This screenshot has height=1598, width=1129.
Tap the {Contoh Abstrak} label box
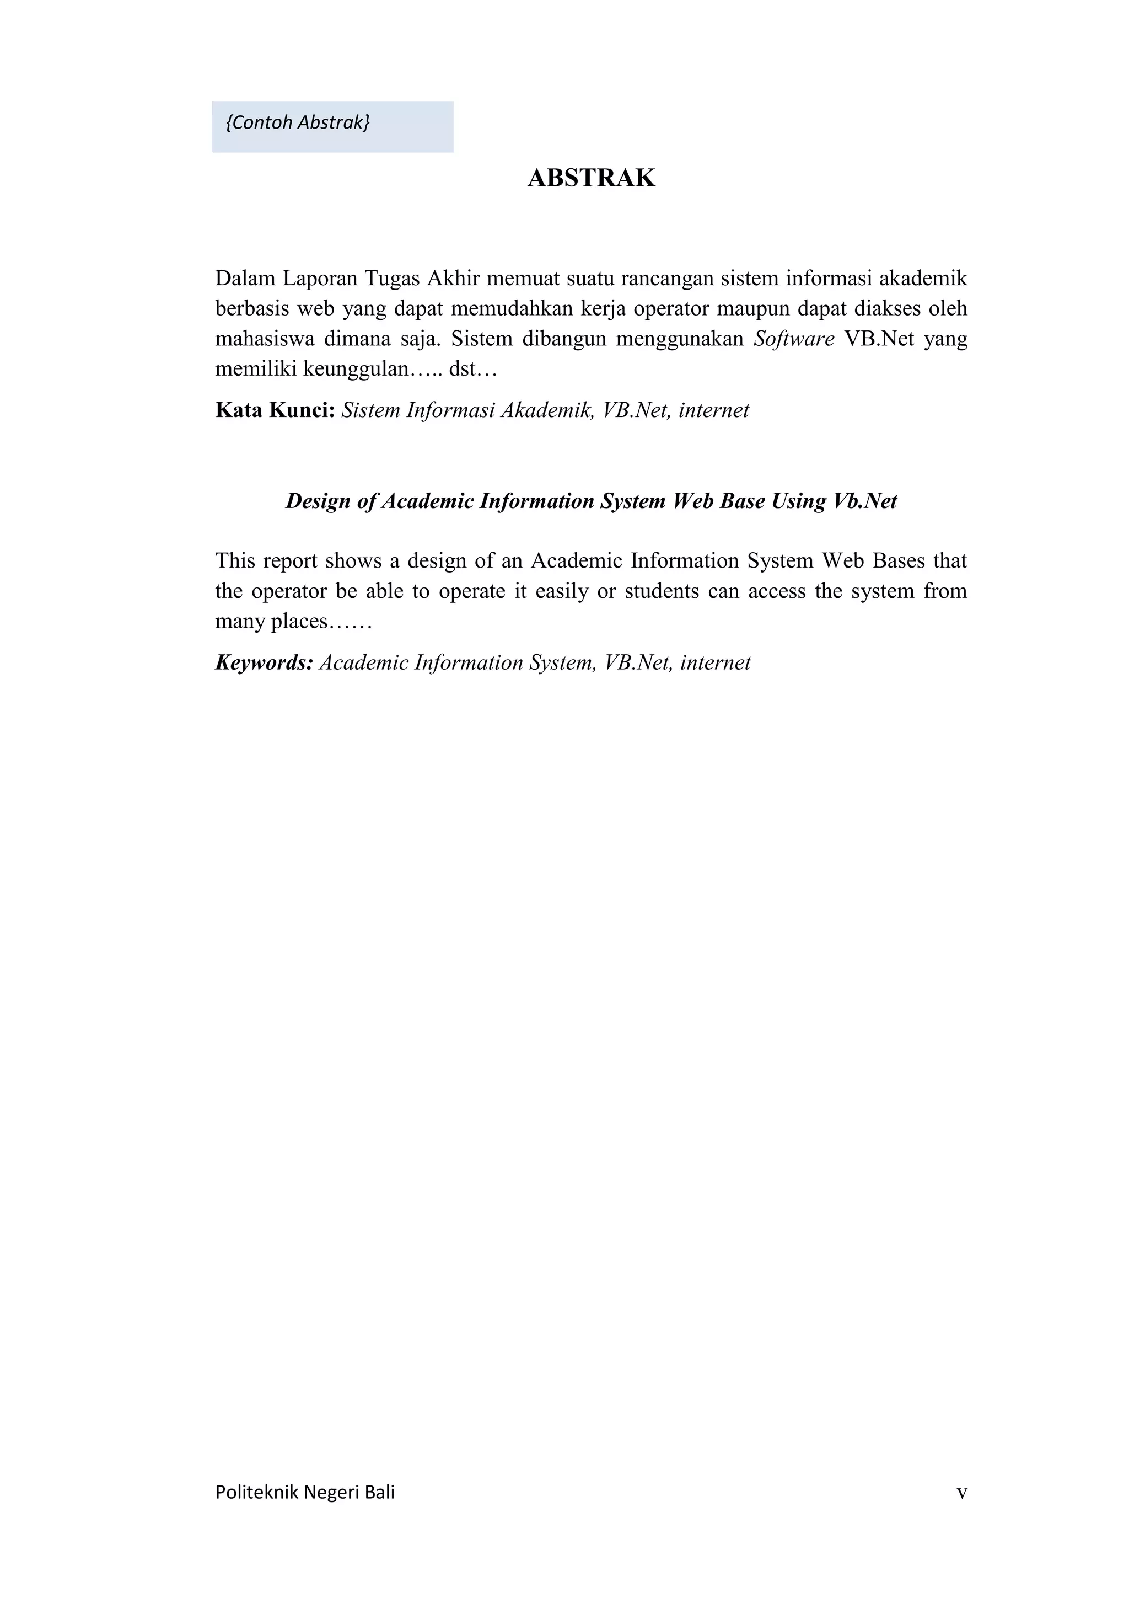point(332,127)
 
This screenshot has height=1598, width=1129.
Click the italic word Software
point(794,339)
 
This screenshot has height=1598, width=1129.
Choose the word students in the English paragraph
point(662,591)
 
